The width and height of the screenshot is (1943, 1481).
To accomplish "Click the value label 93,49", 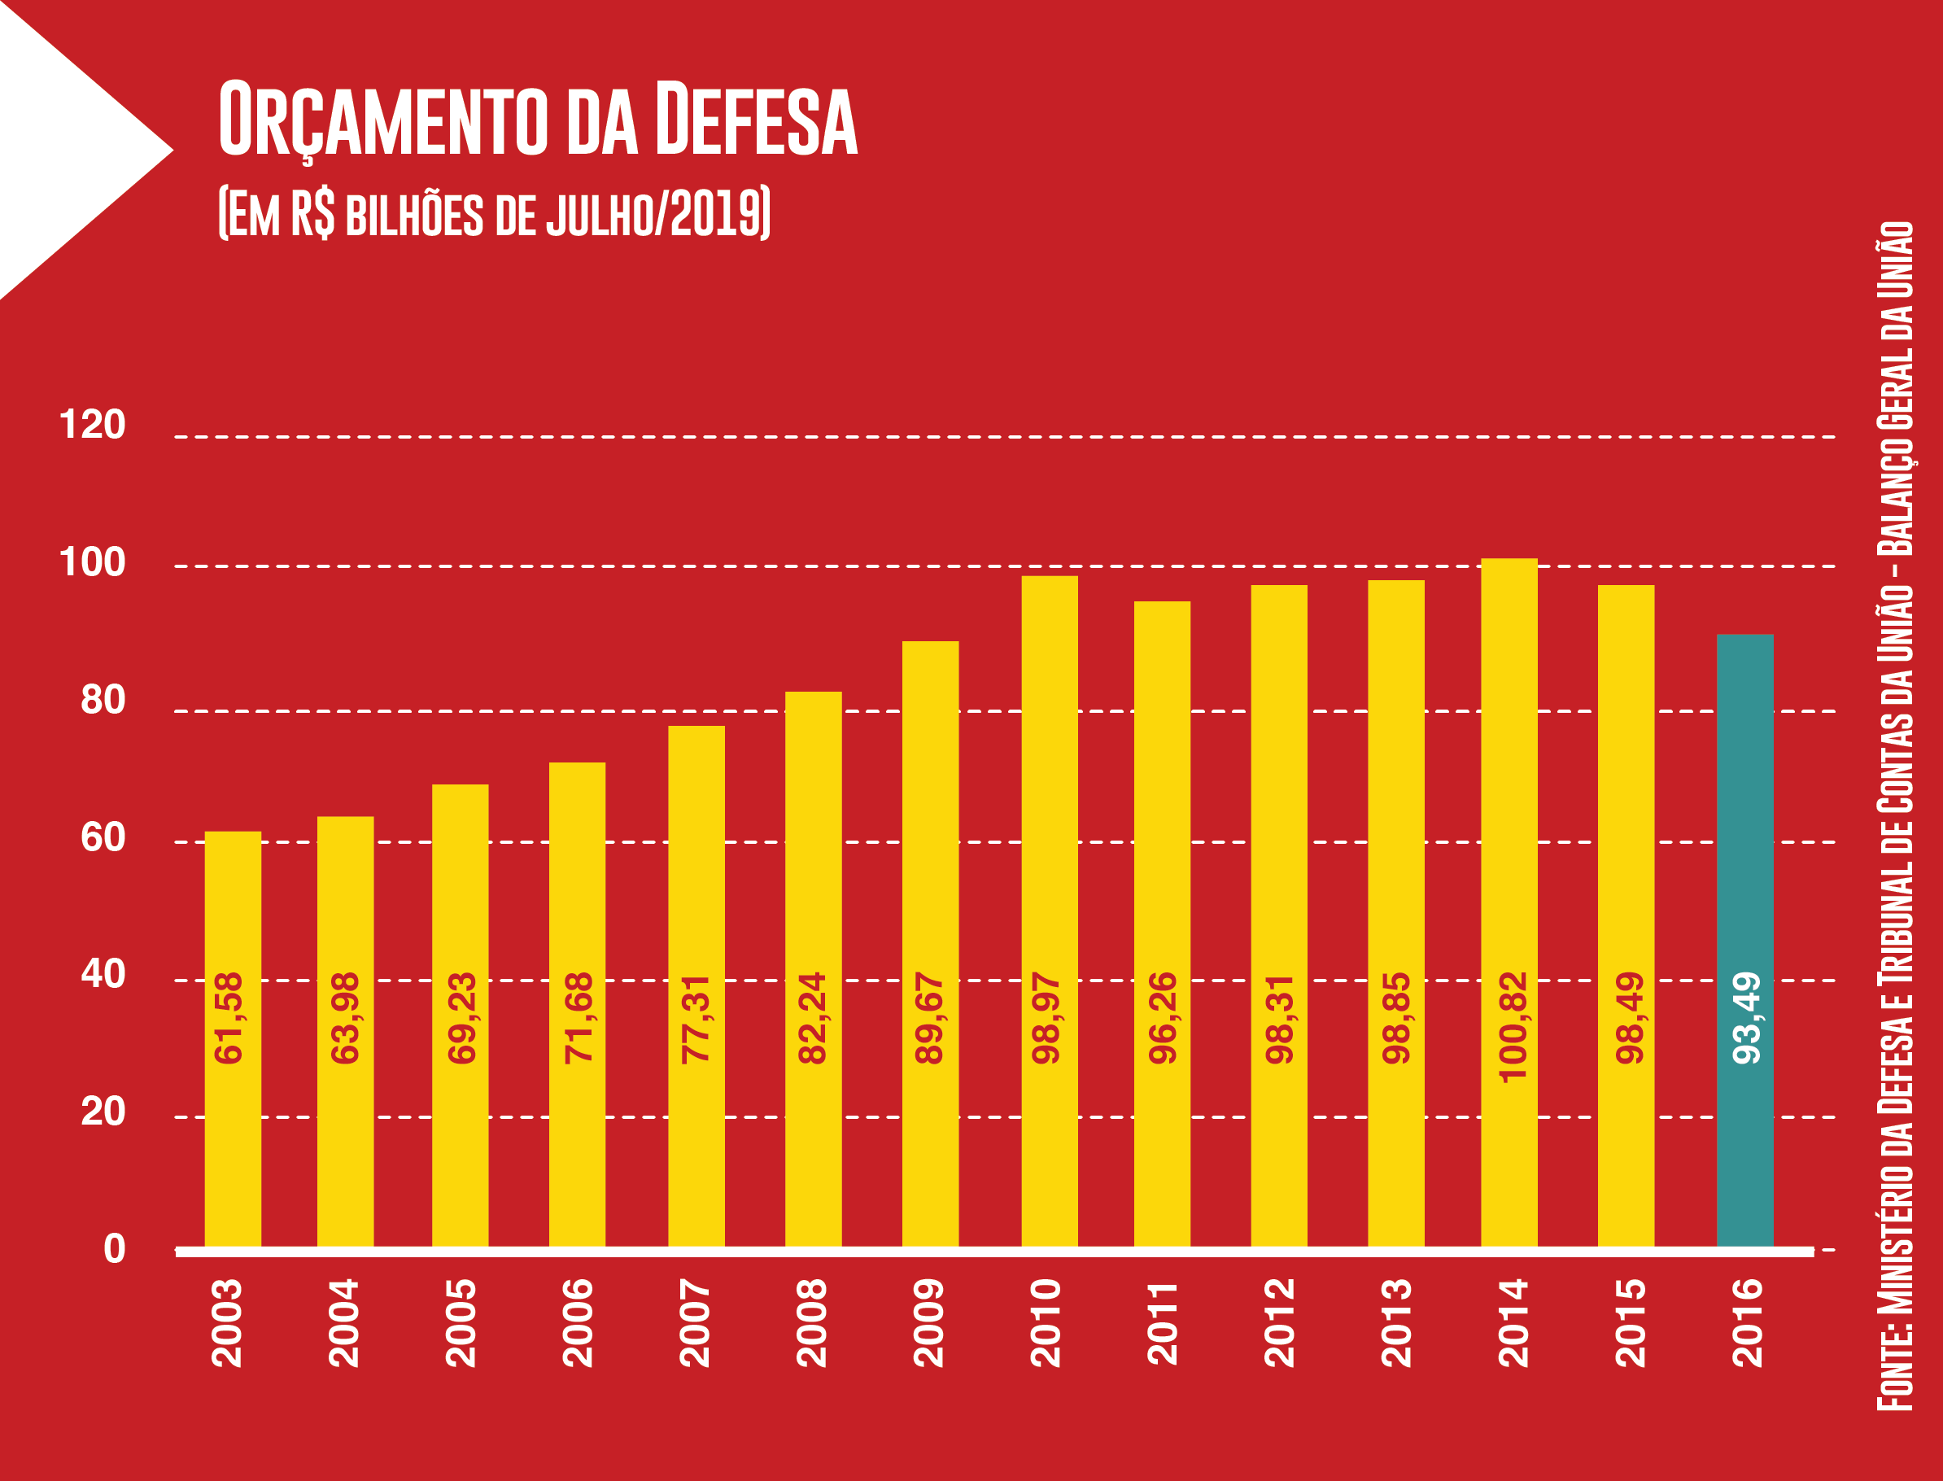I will [x=1746, y=1018].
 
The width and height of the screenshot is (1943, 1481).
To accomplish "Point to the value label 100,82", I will [x=1513, y=1027].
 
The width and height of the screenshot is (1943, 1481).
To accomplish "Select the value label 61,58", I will [x=229, y=1018].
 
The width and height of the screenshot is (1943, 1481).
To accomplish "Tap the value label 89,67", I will [x=930, y=1018].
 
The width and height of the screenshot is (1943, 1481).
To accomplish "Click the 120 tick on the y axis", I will [x=93, y=425].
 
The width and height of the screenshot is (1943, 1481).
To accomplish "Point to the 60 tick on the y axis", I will [x=103, y=837].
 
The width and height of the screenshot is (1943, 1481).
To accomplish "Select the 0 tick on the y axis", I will [x=115, y=1249].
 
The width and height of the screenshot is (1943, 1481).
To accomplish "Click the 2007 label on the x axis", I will [x=696, y=1323].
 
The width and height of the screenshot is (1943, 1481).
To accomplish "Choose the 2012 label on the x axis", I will [x=1280, y=1323].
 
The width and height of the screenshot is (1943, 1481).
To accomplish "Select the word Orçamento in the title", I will [x=383, y=120].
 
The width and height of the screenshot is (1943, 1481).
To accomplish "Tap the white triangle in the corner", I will [x=62, y=150].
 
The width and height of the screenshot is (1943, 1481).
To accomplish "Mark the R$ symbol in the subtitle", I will [x=313, y=213].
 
